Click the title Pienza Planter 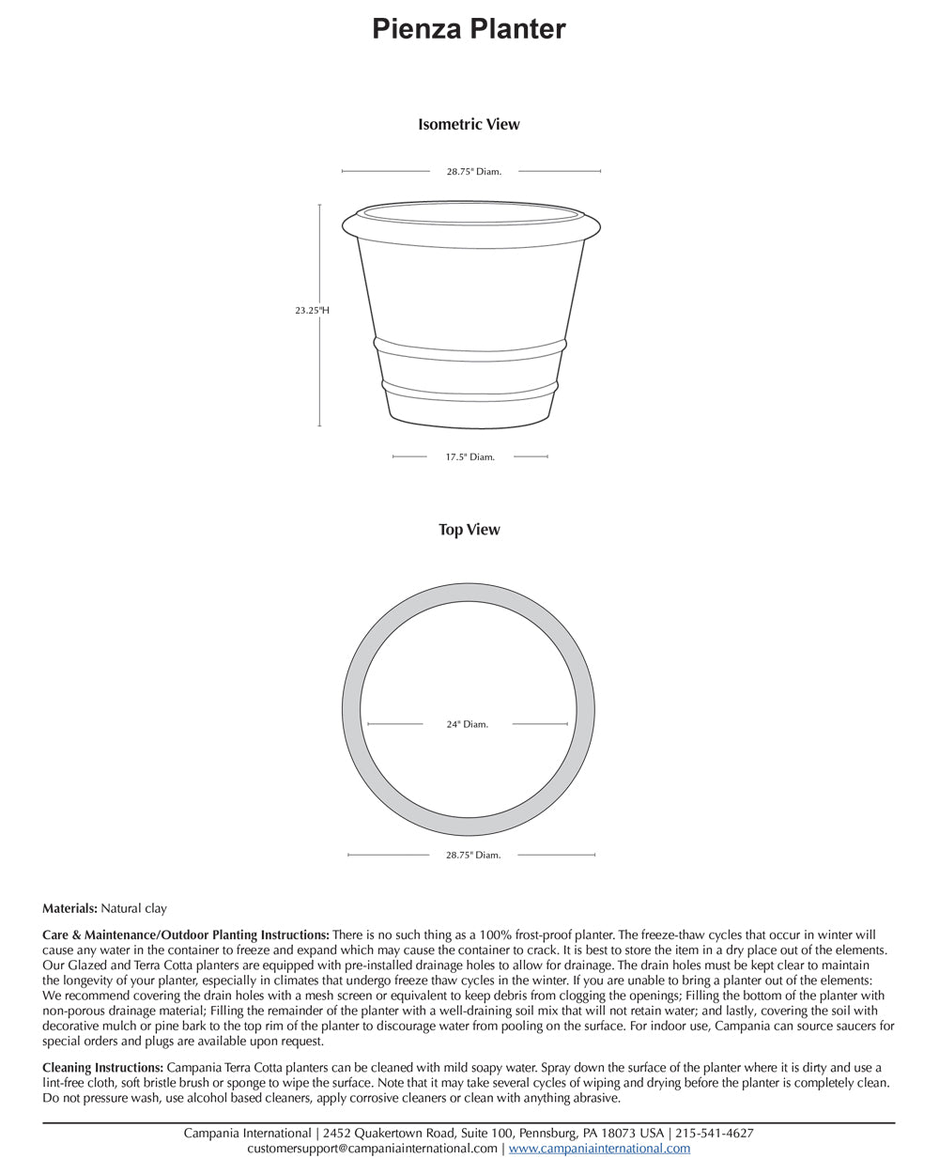469,29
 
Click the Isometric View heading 469,124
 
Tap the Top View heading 469,530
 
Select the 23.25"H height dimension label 311,310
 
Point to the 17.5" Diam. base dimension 469,457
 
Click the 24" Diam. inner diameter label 467,724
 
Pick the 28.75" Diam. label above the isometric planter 473,172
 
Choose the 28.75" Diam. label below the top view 473,856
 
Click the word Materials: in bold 69,908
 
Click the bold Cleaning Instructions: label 102,1068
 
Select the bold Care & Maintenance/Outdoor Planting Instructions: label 186,935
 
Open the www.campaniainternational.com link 599,1149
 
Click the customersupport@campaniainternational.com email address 372,1149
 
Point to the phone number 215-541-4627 715,1134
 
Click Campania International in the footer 247,1134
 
